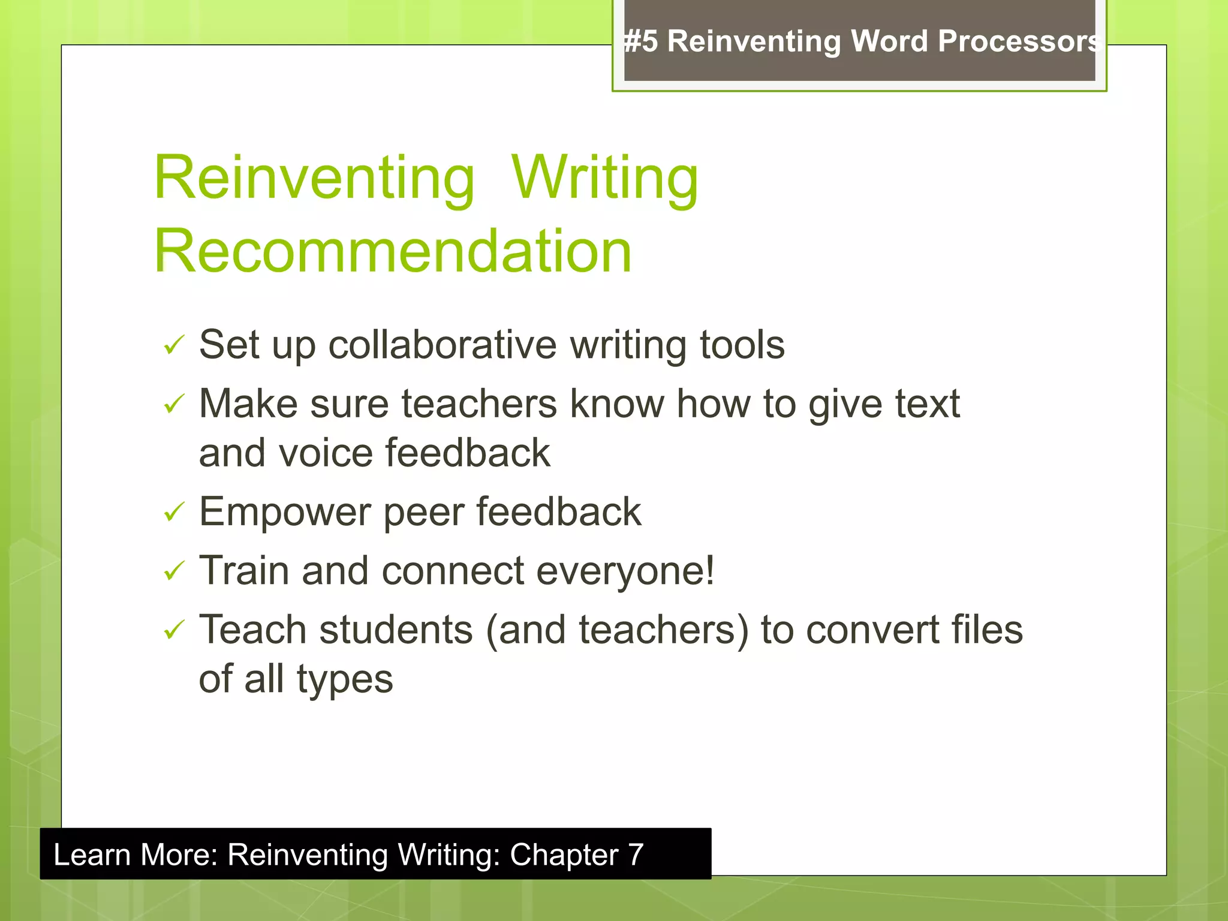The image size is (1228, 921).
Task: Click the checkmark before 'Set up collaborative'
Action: pyautogui.click(x=173, y=345)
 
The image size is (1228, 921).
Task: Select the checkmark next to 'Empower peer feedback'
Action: pyautogui.click(x=173, y=513)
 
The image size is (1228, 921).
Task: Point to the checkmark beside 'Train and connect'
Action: pyautogui.click(x=173, y=571)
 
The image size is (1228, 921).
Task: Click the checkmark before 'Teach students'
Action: pyautogui.click(x=173, y=630)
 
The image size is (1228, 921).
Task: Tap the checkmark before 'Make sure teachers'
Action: pyautogui.click(x=173, y=404)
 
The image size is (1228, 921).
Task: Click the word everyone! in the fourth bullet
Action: pyautogui.click(x=625, y=571)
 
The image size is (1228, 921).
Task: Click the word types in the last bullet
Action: pyautogui.click(x=345, y=680)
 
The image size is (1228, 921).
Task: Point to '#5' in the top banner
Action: pyautogui.click(x=640, y=41)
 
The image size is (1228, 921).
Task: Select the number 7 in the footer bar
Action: pyautogui.click(x=636, y=854)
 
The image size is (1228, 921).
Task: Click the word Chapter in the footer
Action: pyautogui.click(x=564, y=854)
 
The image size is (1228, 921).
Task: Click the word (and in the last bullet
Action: pyautogui.click(x=525, y=630)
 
